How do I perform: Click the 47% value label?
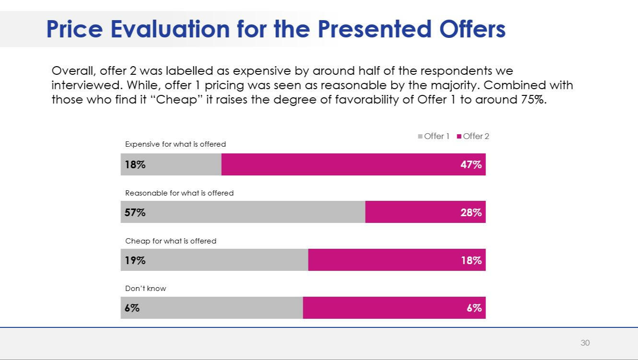click(x=471, y=164)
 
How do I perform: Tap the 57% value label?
click(x=135, y=212)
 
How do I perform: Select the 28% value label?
click(x=471, y=212)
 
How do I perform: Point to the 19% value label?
click(x=135, y=260)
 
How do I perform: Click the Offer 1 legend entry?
click(x=434, y=136)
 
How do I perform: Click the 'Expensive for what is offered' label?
click(x=175, y=144)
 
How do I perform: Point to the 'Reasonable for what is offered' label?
click(x=179, y=193)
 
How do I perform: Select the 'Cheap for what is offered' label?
click(x=170, y=241)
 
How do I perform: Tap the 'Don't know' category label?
click(x=145, y=289)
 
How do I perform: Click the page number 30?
click(x=585, y=343)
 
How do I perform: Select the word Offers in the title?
click(x=472, y=29)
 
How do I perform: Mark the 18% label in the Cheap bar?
click(x=471, y=260)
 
